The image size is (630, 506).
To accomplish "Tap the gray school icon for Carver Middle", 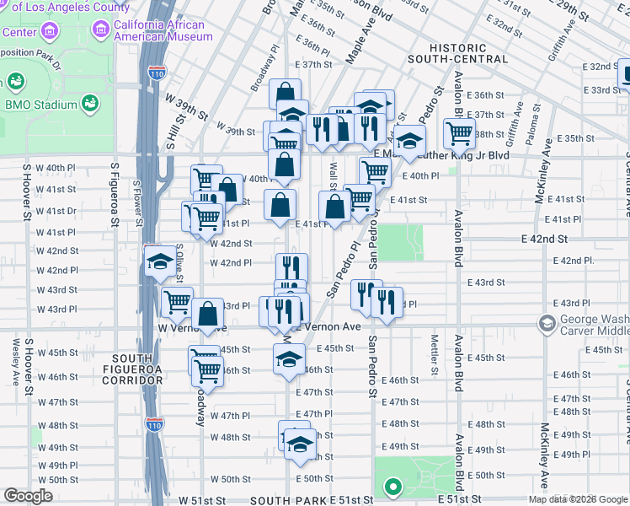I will coord(548,324).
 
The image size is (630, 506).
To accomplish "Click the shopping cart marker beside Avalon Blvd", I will coord(459,132).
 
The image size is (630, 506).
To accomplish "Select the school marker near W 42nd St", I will coord(158,261).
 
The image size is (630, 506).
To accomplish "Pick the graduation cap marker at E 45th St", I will coord(288,359).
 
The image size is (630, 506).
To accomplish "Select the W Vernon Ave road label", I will coord(193,327).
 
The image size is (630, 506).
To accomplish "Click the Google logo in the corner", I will coord(28,496).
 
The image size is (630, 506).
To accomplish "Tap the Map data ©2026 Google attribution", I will coord(577,499).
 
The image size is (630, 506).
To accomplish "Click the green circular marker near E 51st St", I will coord(392,487).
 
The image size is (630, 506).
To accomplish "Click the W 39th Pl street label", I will coord(235,132).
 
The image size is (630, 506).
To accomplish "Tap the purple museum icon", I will coord(102,30).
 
